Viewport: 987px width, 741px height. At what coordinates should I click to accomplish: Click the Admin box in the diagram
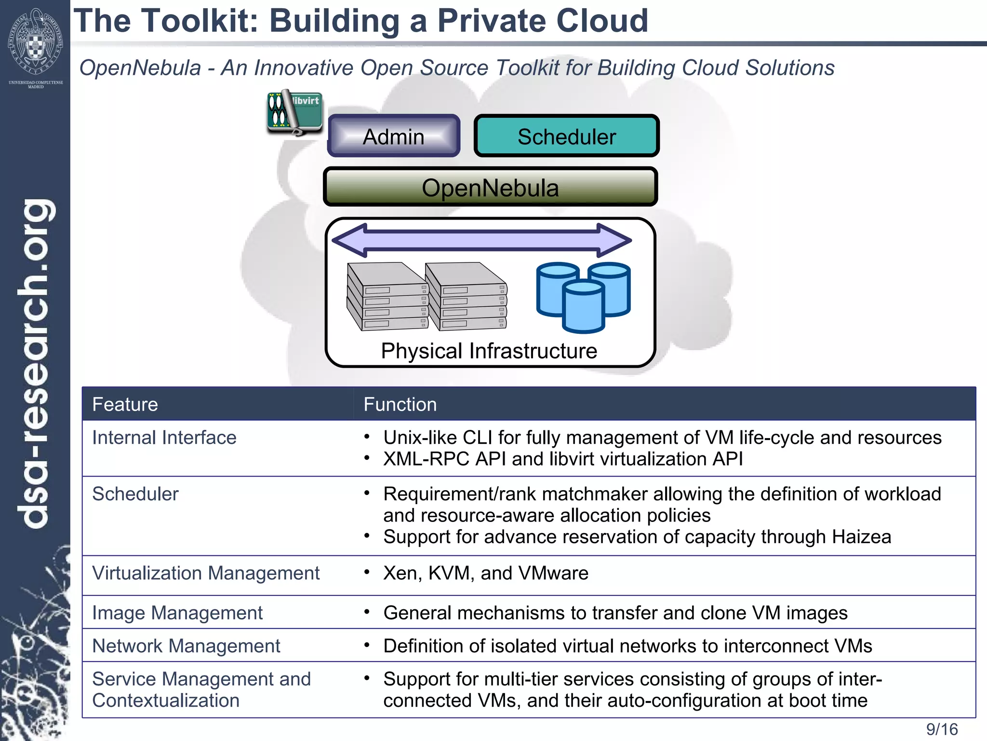click(393, 137)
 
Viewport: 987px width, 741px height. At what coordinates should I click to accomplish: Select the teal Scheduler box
click(566, 137)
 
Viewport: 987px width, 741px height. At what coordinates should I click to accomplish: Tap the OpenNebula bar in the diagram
click(490, 188)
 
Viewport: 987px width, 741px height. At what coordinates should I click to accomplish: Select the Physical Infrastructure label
click(489, 351)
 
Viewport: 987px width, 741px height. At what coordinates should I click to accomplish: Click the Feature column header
click(125, 404)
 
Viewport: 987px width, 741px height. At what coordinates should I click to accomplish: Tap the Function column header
click(400, 404)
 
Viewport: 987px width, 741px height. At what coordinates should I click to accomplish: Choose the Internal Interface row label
click(164, 438)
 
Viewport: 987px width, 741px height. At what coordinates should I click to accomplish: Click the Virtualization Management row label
click(206, 573)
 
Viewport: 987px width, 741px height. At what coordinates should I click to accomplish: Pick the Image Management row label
click(177, 613)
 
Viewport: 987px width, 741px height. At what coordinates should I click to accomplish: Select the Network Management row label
click(186, 646)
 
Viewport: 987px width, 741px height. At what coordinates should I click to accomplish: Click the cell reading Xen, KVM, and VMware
click(486, 573)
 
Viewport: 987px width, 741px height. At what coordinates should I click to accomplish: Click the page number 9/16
click(942, 729)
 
